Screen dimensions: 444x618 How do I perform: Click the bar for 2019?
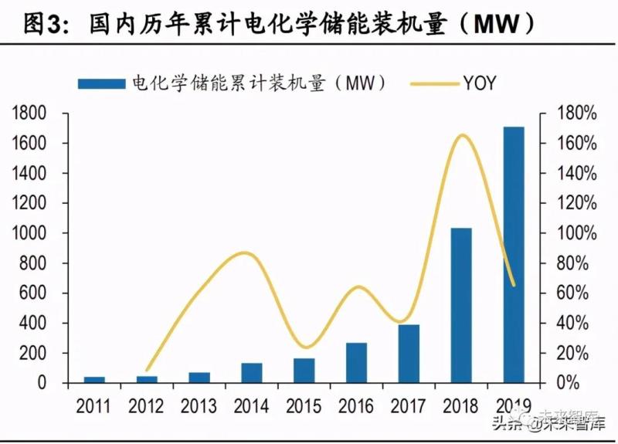point(513,255)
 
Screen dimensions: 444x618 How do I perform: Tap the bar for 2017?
point(409,353)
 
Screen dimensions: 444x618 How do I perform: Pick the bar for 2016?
point(356,362)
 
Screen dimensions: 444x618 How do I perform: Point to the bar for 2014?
point(251,372)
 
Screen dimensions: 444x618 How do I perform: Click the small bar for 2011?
point(94,379)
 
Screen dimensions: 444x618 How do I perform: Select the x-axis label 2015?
point(304,405)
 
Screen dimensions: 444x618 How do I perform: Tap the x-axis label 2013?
point(199,405)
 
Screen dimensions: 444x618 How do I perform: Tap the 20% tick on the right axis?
point(576,353)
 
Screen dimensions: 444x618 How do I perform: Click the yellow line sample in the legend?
point(433,83)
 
